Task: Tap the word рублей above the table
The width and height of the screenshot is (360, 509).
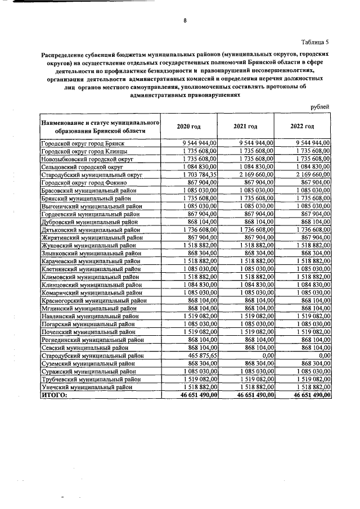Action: click(x=319, y=107)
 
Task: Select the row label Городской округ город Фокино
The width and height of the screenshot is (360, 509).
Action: click(x=83, y=183)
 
